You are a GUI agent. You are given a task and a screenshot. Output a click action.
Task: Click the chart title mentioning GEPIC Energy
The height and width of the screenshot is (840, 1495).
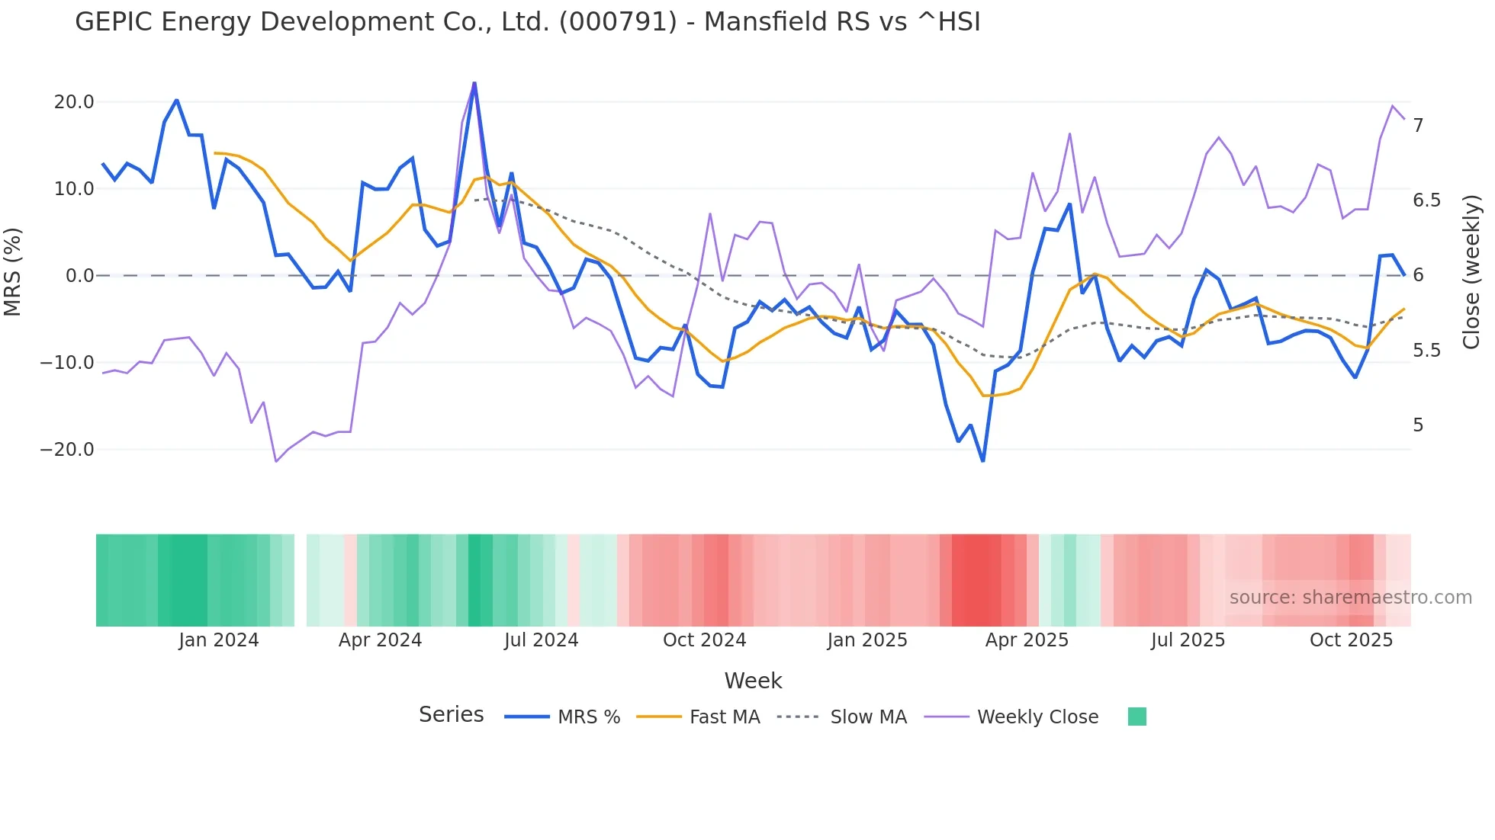(x=528, y=22)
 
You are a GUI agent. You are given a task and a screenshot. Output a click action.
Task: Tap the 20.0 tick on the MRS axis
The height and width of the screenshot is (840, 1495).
(x=74, y=102)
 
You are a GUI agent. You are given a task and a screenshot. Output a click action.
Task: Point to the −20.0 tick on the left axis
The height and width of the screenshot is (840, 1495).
(x=67, y=450)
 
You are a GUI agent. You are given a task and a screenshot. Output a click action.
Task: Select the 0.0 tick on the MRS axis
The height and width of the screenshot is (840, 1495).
(x=79, y=276)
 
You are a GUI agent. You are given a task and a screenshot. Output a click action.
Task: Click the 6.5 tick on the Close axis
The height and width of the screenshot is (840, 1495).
(x=1426, y=200)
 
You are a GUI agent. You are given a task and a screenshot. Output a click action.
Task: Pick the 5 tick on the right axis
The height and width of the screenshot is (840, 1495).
(x=1418, y=425)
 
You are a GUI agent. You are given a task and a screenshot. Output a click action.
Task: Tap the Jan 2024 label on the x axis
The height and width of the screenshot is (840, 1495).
(x=219, y=640)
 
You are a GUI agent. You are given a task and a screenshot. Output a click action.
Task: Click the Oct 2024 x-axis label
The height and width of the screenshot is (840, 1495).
(x=704, y=640)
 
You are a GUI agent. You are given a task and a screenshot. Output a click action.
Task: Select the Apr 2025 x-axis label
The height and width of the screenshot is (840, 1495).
(x=1027, y=640)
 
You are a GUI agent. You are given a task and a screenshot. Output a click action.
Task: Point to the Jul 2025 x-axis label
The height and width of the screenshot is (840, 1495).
(x=1188, y=640)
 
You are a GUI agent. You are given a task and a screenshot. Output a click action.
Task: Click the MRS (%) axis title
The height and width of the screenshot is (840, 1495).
(x=13, y=272)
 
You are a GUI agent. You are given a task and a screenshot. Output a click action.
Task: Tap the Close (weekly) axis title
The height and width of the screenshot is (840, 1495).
(x=1471, y=272)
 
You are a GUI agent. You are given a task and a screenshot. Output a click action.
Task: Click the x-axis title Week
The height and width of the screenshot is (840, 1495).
(x=753, y=681)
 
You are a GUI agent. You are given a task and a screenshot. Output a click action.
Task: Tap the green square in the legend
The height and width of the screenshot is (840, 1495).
(x=1137, y=717)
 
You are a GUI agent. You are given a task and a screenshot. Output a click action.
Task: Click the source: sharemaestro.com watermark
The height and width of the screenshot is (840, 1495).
(x=1350, y=598)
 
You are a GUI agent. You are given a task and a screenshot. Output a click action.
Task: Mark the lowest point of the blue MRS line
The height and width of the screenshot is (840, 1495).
(x=982, y=461)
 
